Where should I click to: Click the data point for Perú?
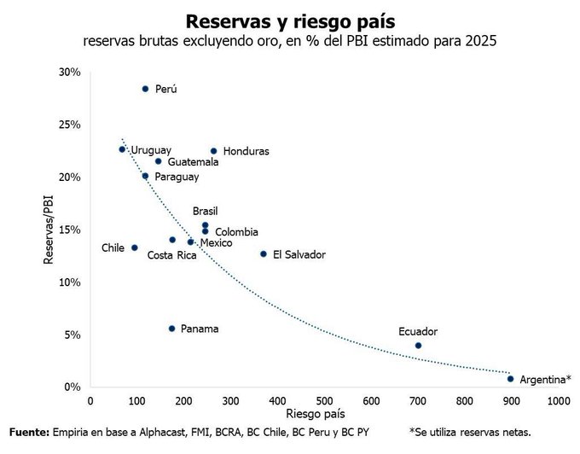[145, 89]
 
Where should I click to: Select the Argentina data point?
[510, 379]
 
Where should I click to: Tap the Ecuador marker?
[418, 346]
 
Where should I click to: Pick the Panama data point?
[171, 329]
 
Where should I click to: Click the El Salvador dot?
[263, 253]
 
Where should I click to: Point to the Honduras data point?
[213, 151]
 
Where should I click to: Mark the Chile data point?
[134, 247]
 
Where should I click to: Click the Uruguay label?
[151, 150]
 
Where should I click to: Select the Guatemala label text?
[193, 161]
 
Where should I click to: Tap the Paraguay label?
[177, 177]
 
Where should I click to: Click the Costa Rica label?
[171, 255]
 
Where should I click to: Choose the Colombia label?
[235, 231]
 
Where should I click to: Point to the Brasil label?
[206, 211]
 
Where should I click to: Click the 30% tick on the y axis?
[69, 73]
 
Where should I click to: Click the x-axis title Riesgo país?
[323, 414]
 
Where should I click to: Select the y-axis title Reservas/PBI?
[50, 230]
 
